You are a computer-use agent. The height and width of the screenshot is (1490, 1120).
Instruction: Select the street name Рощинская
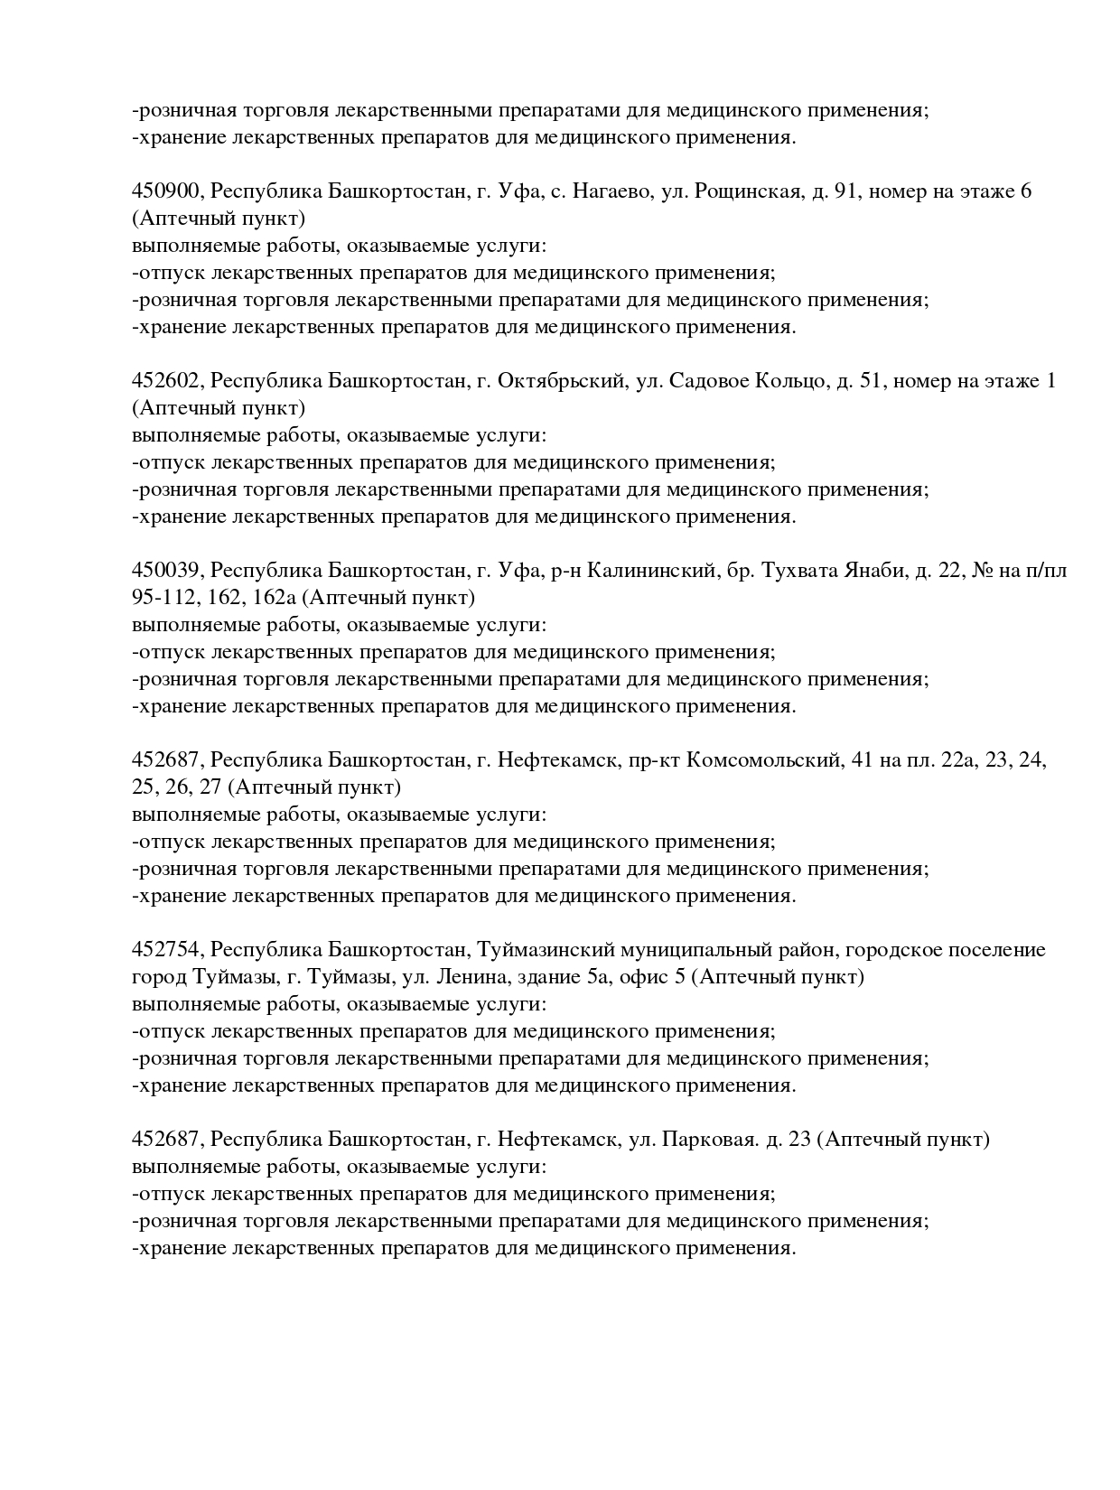747,191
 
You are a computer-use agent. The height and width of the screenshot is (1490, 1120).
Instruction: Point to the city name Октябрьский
563,381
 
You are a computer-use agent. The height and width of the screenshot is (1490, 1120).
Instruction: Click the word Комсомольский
763,760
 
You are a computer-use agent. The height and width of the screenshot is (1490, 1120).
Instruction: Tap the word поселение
994,950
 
